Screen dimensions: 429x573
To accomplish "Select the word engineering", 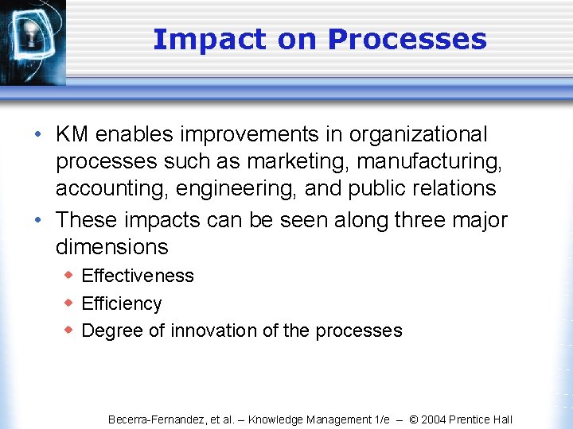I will [x=220, y=189].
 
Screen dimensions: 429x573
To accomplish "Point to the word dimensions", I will [x=111, y=247].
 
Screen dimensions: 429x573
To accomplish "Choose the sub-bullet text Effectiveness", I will [x=138, y=276].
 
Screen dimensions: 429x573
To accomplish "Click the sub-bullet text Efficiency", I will [x=122, y=303].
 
